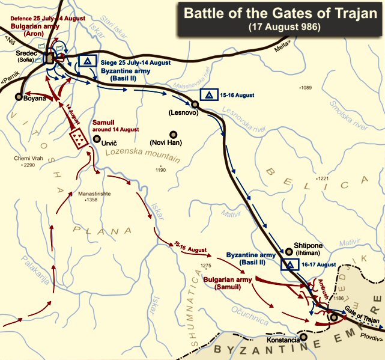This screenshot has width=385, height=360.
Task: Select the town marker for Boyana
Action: pyautogui.click(x=19, y=96)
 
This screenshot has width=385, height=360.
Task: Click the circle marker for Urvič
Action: pyautogui.click(x=97, y=139)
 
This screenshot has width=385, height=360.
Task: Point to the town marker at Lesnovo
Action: pyautogui.click(x=195, y=105)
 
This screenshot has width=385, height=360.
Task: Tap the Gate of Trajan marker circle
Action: pyautogui.click(x=334, y=317)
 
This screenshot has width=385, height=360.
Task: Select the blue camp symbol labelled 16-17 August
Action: pyautogui.click(x=289, y=264)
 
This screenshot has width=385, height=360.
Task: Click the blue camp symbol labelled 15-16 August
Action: pyautogui.click(x=208, y=95)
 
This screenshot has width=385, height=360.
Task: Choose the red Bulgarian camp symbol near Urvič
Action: pyautogui.click(x=77, y=139)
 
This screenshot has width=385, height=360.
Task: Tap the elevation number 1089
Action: pyautogui.click(x=306, y=88)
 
